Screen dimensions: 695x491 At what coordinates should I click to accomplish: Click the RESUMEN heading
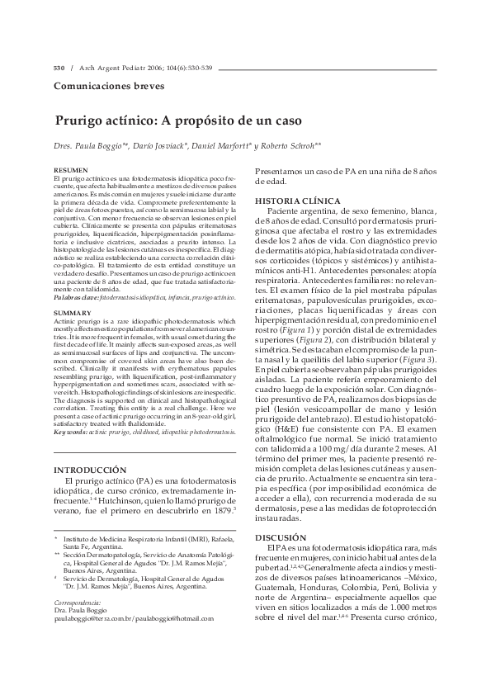68,169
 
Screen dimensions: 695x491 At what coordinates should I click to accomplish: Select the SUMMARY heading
68,314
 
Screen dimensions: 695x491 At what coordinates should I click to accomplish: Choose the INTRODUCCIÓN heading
89,470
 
